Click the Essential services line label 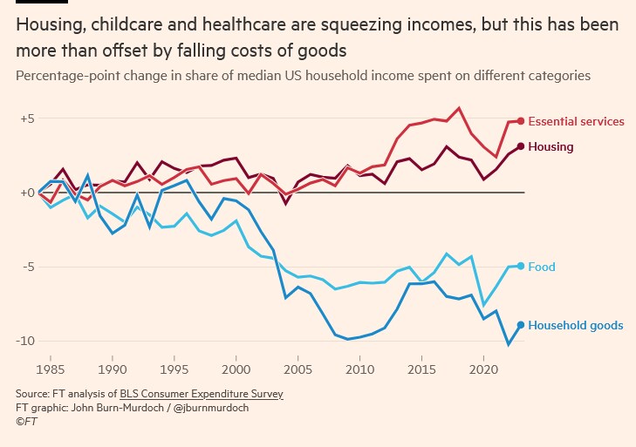(576, 121)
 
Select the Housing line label (551, 146)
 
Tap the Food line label (542, 267)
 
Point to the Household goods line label (576, 325)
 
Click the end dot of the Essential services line (521, 121)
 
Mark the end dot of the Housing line (521, 146)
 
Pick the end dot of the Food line (521, 266)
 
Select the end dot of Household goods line (521, 325)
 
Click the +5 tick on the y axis (28, 118)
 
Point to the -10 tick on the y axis (27, 340)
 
